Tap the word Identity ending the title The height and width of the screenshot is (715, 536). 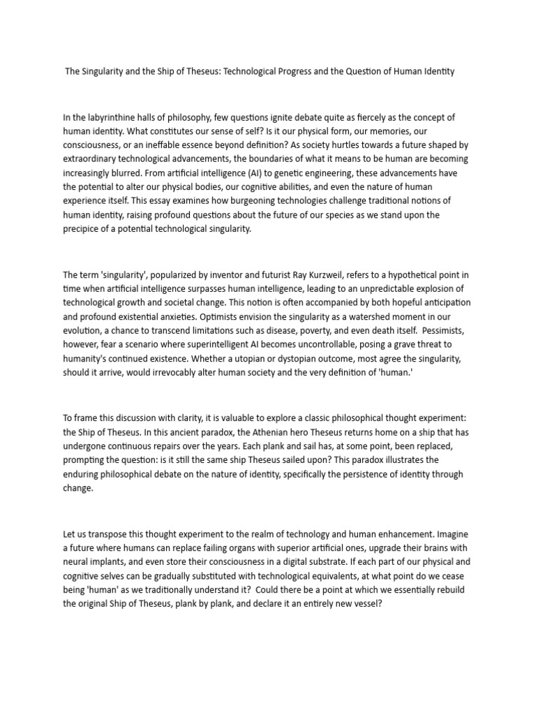pos(437,72)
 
